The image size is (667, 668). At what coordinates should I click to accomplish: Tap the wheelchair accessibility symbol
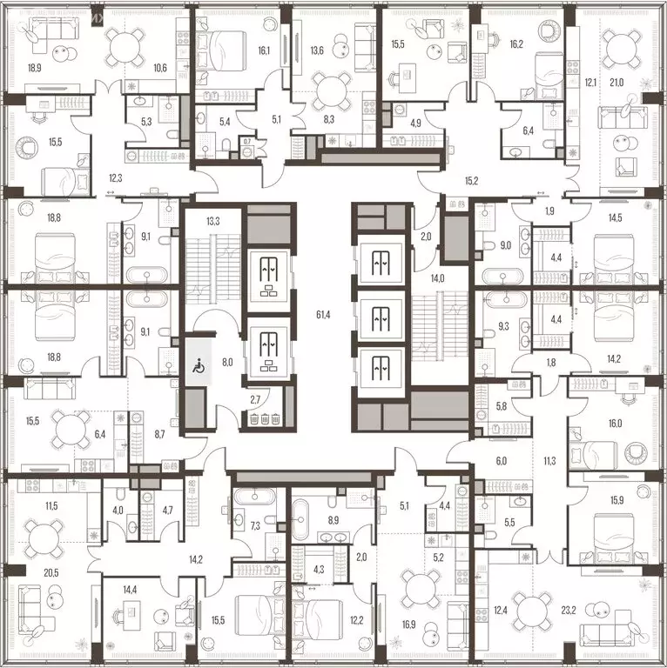196,367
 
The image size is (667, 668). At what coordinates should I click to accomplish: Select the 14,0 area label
437,278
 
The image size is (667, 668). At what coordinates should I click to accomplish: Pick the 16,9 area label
408,623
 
